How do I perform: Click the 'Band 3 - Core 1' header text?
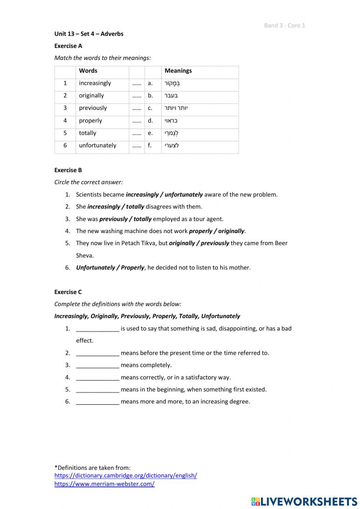[x=284, y=25]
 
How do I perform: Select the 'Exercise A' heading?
[x=68, y=46]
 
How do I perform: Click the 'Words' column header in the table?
[x=88, y=71]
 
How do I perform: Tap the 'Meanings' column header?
[x=178, y=71]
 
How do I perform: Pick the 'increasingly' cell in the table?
[x=95, y=83]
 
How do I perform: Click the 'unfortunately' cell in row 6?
[x=98, y=146]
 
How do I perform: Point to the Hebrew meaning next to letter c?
[x=176, y=108]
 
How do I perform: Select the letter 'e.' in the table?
[x=150, y=133]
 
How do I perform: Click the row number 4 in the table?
[x=65, y=121]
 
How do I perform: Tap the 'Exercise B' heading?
[x=68, y=170]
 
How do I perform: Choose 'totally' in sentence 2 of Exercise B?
[x=135, y=207]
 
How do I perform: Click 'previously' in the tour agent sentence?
[x=113, y=219]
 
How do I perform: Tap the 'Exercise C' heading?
[x=68, y=292]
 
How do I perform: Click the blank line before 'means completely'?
[x=98, y=365]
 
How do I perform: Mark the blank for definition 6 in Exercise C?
[x=98, y=402]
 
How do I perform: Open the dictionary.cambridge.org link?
[x=126, y=475]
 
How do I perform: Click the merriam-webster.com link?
[x=104, y=484]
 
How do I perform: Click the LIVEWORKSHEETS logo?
[x=304, y=501]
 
